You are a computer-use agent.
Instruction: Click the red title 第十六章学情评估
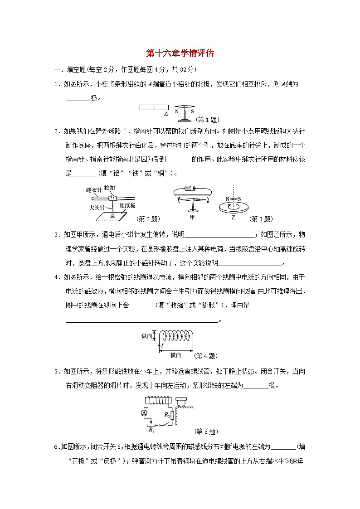click(180, 53)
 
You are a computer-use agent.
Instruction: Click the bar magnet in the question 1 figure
click(154, 107)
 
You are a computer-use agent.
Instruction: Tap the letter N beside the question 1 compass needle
click(178, 111)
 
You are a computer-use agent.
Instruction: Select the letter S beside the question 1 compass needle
click(192, 111)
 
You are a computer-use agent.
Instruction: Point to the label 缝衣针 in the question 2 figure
click(94, 190)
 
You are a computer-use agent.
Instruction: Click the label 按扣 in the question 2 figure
click(109, 188)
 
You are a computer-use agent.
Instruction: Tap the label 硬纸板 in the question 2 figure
click(128, 205)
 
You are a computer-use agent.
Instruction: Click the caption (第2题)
click(148, 219)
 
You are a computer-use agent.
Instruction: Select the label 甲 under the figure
click(192, 218)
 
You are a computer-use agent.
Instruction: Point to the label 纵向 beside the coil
click(146, 336)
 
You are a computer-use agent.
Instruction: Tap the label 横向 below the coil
click(176, 355)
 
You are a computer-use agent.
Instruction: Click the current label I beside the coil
click(162, 346)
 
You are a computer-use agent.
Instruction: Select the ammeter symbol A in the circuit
click(144, 413)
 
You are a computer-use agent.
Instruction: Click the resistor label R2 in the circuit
click(167, 415)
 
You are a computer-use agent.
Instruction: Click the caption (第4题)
click(205, 356)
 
